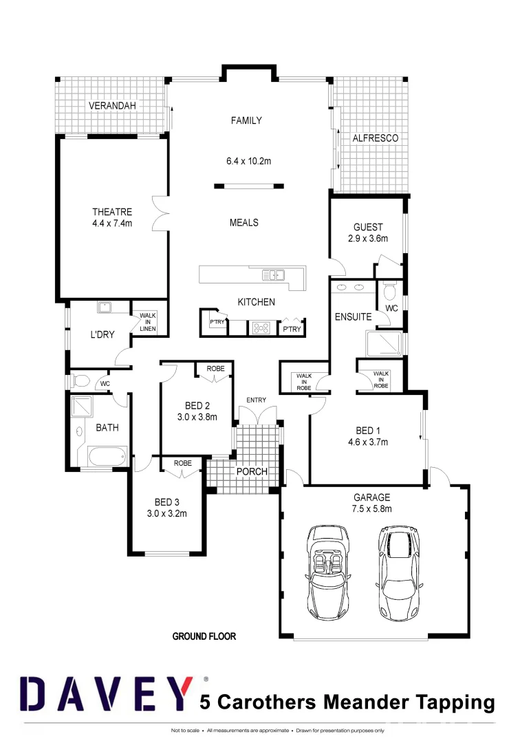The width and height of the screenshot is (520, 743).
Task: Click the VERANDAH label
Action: point(113,106)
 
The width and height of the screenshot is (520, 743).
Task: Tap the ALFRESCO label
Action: point(375,138)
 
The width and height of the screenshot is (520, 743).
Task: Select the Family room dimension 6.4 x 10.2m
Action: point(248,161)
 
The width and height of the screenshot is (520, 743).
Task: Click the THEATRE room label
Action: point(112,212)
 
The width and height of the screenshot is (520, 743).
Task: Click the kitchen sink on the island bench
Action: point(273,275)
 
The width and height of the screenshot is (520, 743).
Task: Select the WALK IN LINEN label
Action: point(148,322)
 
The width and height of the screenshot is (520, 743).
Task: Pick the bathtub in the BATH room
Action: point(107,455)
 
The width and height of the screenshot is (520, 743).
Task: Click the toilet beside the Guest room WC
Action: point(389,288)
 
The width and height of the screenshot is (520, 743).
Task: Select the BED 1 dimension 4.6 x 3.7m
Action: point(368,442)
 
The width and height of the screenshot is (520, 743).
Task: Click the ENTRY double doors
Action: point(257,416)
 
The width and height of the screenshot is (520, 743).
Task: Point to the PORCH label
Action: point(251,472)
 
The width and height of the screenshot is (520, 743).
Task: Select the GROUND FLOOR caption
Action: point(204,636)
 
